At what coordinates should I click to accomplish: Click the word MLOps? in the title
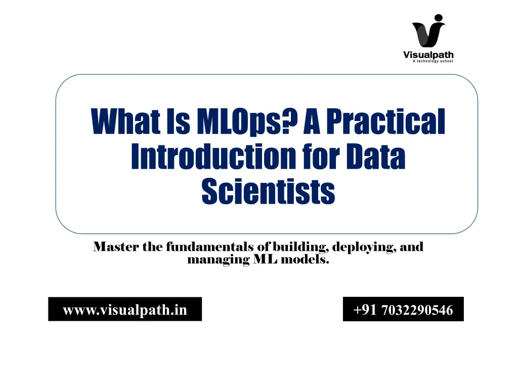[247, 122]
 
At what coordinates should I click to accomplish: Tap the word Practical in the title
[386, 121]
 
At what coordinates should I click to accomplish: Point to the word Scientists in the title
[268, 191]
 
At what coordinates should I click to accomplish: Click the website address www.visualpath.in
[125, 310]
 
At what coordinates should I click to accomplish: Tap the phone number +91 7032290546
[403, 310]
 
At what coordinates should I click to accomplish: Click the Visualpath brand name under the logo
[428, 55]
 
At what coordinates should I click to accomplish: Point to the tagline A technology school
[433, 61]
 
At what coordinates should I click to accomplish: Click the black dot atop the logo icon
[439, 18]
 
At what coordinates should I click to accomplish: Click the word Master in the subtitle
[116, 247]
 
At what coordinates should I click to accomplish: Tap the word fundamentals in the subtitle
[210, 247]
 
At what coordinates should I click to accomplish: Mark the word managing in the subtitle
[219, 260]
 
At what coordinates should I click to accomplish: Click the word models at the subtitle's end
[305, 259]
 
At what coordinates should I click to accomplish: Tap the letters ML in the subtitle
[265, 259]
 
